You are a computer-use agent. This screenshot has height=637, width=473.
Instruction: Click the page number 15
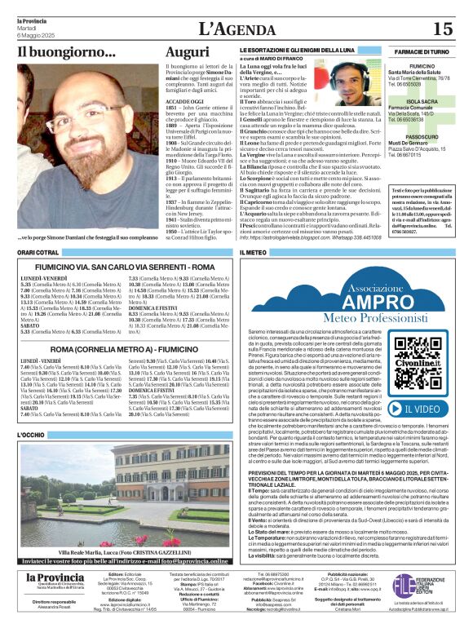[442, 29]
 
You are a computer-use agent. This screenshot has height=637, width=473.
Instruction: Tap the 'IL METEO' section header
[255, 254]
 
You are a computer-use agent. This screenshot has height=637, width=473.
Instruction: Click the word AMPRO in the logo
[353, 299]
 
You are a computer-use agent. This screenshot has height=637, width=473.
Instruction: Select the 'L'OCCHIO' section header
[33, 436]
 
